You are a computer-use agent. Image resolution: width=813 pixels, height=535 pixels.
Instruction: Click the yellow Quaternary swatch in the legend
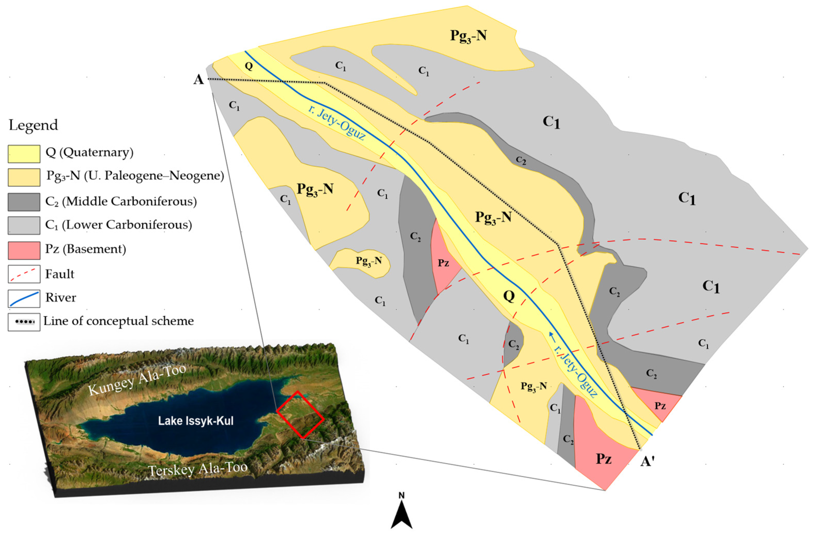[24, 154]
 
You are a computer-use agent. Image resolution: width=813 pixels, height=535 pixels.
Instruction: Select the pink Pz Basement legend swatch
[24, 250]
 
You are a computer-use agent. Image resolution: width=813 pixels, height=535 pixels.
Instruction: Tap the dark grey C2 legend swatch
[24, 202]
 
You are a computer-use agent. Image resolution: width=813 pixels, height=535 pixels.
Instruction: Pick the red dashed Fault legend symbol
[24, 274]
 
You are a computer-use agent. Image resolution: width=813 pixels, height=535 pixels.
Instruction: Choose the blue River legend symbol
[24, 299]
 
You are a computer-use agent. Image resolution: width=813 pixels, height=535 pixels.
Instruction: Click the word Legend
[33, 125]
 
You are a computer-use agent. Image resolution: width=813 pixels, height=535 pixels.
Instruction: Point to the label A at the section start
[198, 80]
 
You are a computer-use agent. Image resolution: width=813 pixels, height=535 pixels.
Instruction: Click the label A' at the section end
[647, 462]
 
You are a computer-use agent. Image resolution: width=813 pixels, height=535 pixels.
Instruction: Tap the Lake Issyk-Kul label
[196, 421]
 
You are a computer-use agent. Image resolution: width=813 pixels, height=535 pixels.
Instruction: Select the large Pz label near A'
[604, 459]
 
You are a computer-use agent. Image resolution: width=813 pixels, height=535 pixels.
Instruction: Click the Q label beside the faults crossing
[509, 296]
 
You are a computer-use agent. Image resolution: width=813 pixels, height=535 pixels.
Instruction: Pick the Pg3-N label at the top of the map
[468, 35]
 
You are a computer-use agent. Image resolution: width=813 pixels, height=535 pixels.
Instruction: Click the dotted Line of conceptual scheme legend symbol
[24, 322]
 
